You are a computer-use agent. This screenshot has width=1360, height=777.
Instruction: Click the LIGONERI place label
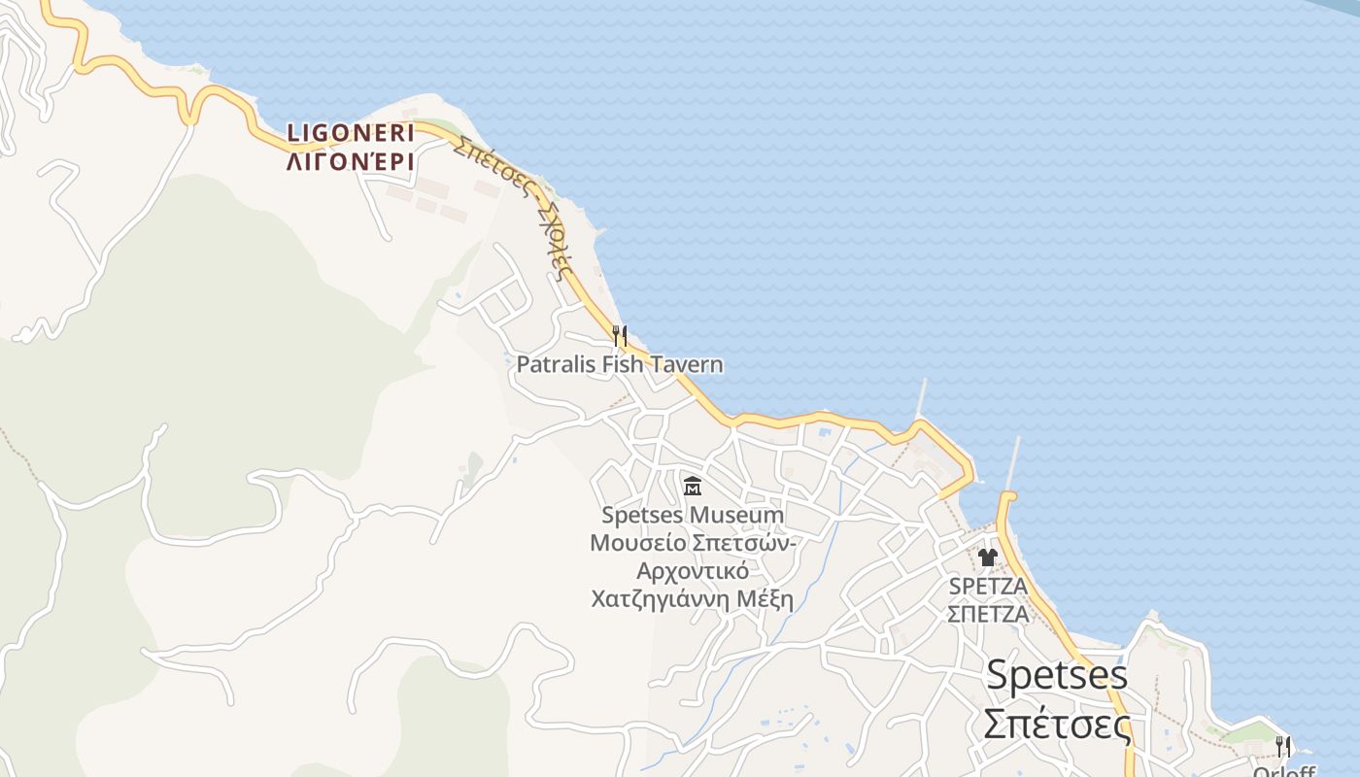351,132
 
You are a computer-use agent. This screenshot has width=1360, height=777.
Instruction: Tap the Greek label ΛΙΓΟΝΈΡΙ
351,161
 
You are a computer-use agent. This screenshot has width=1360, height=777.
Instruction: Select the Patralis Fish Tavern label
619,364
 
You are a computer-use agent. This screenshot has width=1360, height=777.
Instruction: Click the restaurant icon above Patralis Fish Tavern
619,336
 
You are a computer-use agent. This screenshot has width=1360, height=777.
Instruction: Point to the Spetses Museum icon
693,486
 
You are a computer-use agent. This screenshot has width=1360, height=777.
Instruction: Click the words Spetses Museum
692,514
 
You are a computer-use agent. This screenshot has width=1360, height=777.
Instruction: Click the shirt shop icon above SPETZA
988,557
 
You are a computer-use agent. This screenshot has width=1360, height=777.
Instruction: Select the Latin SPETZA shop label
988,587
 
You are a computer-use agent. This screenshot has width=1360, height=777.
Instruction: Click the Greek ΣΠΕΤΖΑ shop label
988,614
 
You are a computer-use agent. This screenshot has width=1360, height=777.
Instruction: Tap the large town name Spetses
1057,675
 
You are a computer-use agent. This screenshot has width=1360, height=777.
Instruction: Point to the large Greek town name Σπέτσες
1057,725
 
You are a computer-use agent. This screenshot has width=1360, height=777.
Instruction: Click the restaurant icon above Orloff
1283,746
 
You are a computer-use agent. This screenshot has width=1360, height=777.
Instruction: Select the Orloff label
1283,771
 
